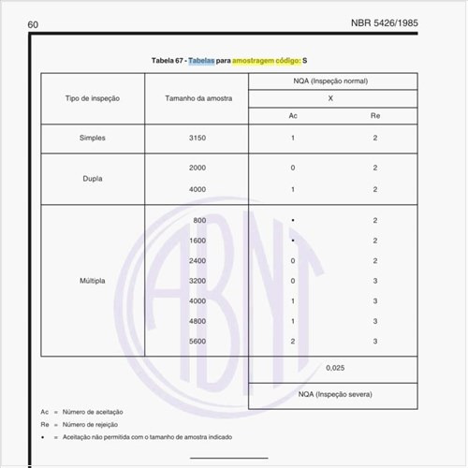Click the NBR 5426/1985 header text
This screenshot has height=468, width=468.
click(x=411, y=22)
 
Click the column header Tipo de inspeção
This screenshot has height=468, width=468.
click(x=93, y=98)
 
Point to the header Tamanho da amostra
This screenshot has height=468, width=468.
click(x=197, y=98)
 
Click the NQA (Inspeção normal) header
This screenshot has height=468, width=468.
click(x=333, y=82)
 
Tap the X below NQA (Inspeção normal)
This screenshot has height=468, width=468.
click(x=333, y=98)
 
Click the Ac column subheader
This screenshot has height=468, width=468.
click(x=293, y=115)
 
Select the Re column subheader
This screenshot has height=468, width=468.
click(x=374, y=115)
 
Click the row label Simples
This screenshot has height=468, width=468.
click(x=93, y=138)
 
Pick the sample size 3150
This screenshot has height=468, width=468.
click(x=197, y=138)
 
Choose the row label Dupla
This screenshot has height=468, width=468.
click(x=93, y=178)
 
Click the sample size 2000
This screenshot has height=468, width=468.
click(x=197, y=168)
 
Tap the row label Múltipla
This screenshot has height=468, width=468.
click(x=93, y=281)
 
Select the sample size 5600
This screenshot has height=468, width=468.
click(x=197, y=342)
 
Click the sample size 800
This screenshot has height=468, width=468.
click(x=199, y=220)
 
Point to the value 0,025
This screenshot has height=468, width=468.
click(x=334, y=368)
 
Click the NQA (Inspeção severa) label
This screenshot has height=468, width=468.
click(x=333, y=396)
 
